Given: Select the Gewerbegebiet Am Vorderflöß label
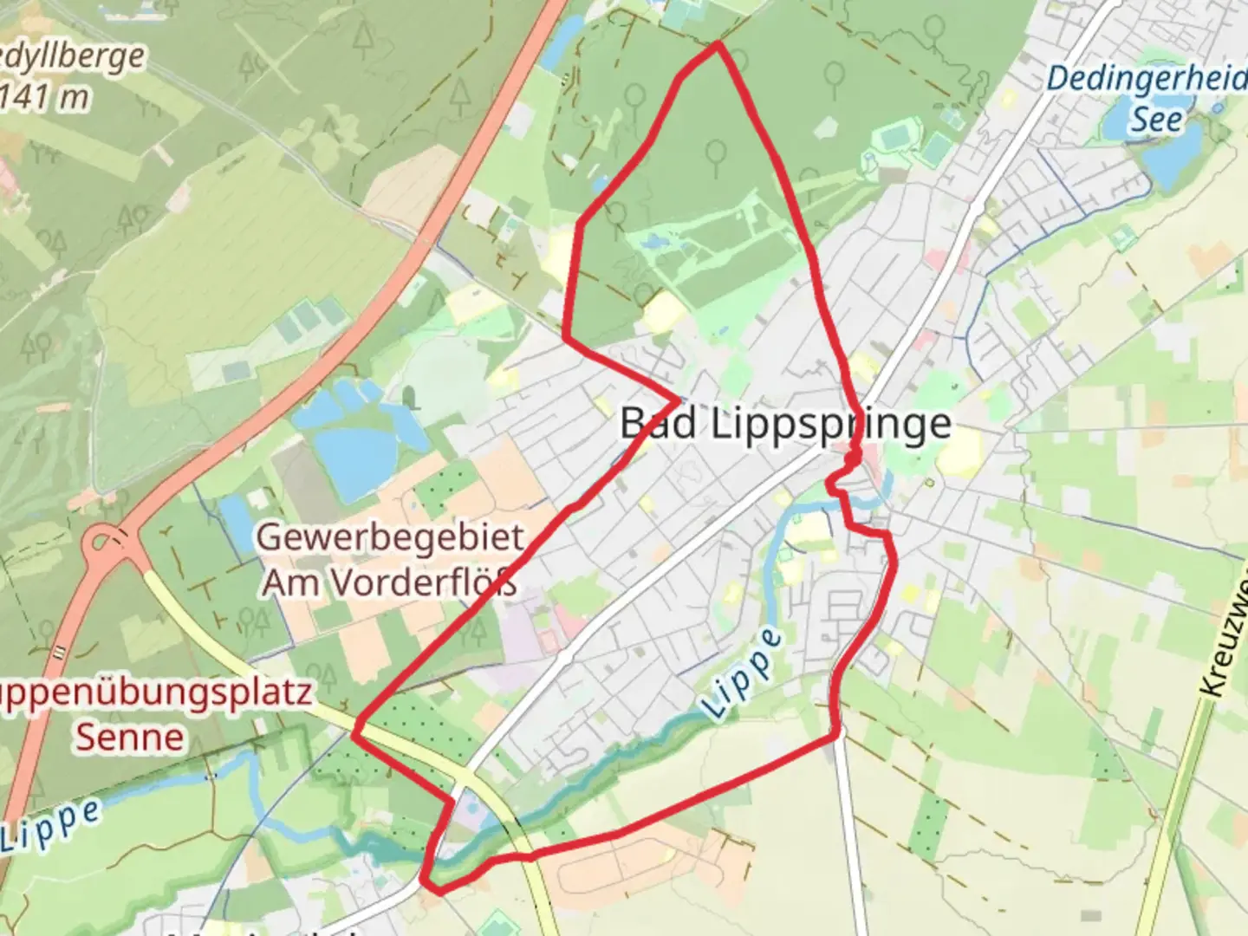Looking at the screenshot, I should click(390, 560).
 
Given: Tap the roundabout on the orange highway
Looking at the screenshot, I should click(106, 544).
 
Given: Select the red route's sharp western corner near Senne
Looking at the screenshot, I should click(354, 734).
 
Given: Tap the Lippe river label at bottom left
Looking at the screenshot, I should click(50, 826).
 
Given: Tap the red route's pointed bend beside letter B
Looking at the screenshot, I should click(678, 400).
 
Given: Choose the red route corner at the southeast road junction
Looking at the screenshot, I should click(837, 735).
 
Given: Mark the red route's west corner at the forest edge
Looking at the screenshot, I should click(566, 338).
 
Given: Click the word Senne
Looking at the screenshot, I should click(130, 738).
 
